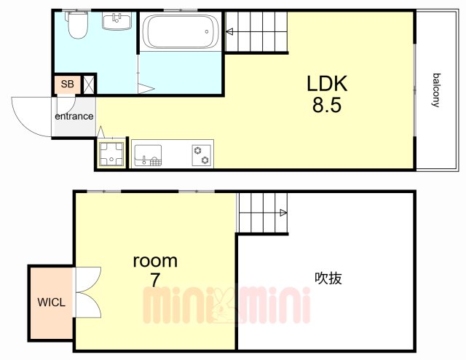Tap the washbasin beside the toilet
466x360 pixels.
coord(116,21)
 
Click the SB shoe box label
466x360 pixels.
coord(67,85)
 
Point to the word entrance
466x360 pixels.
coord(74,116)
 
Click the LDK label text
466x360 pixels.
coord(327,84)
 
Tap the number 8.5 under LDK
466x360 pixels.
coord(327,105)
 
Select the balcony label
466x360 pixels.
coord(435,90)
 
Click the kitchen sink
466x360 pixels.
coord(148,155)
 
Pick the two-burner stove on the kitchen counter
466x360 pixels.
coord(202,155)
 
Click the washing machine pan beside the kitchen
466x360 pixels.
coord(111,154)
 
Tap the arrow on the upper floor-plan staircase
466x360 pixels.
coord(229,31)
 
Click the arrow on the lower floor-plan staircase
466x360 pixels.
coord(283,213)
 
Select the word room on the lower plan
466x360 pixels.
coord(155,261)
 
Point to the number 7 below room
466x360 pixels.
coord(155,280)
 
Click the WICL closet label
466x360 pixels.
coord(51,302)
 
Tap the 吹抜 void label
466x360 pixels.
coord(328,278)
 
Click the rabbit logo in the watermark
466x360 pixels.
coord(224,305)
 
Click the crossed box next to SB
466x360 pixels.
coord(88,85)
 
